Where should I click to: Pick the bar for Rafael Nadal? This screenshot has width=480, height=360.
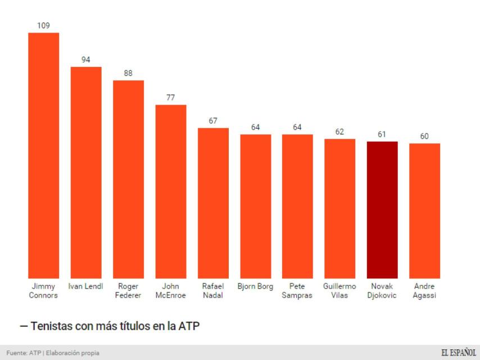click(213, 203)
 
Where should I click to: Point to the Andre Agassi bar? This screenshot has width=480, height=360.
click(424, 211)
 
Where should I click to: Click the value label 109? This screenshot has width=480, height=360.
click(43, 25)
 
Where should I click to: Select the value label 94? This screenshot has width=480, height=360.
click(86, 59)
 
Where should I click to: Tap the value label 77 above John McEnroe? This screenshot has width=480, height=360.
click(170, 97)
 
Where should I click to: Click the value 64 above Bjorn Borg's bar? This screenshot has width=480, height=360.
click(255, 127)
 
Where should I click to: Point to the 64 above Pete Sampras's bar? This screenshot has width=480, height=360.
click(297, 127)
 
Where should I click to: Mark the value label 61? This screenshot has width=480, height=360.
click(382, 134)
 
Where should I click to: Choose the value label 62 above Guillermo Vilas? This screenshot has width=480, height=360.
click(339, 132)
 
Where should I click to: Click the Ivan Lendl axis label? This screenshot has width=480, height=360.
click(85, 286)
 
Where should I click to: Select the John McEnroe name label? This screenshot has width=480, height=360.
click(170, 291)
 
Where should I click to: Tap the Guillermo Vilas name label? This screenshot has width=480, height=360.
click(339, 291)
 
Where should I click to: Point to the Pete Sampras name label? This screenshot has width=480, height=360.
click(297, 291)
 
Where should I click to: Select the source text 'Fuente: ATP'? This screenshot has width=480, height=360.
click(20, 353)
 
